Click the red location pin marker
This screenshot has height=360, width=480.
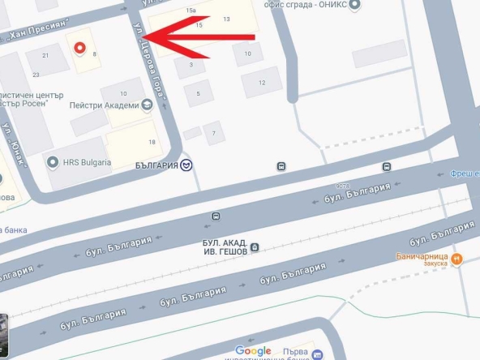[79, 49]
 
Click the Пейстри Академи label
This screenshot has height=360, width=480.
[104, 105]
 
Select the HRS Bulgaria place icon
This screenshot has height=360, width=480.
[54, 161]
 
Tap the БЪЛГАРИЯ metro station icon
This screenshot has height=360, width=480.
[187, 165]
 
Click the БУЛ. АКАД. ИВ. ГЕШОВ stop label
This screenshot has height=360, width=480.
[224, 246]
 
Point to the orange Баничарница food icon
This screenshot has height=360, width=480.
[456, 259]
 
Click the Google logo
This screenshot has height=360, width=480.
[253, 351]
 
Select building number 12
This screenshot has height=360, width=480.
[262, 83]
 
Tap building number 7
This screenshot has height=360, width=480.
[214, 133]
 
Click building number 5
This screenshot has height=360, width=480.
[198, 94]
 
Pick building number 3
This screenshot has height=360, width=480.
[191, 64]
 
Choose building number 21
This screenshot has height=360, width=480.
[45, 55]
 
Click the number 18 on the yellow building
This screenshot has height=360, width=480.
[152, 144]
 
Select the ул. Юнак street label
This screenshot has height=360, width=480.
[15, 143]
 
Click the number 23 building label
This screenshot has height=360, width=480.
[36, 75]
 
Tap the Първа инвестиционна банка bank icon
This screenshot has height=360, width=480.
[317, 354]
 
